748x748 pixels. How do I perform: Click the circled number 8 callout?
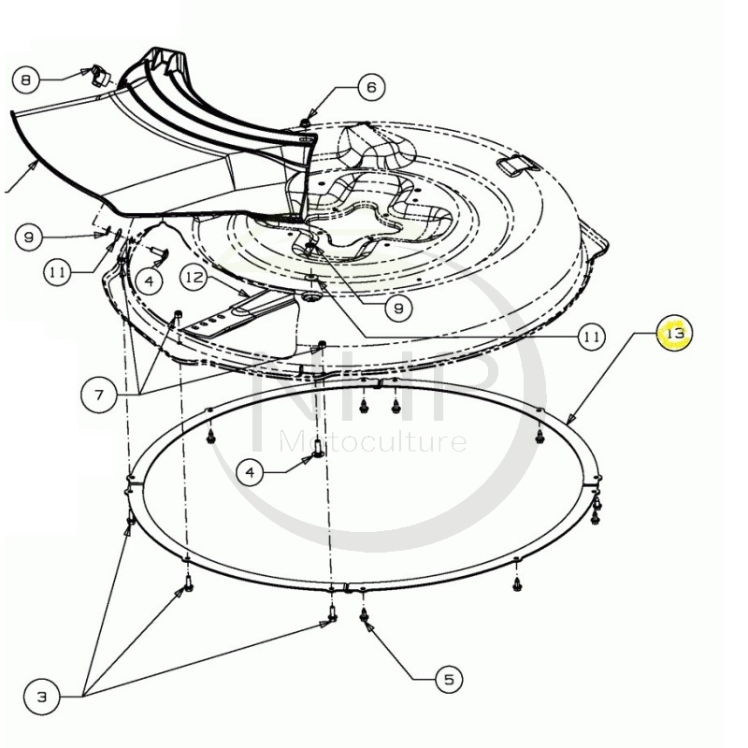(25, 79)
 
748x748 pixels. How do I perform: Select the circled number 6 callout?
(371, 87)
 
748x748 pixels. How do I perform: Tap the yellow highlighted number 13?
(674, 333)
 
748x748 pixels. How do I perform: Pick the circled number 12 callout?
(194, 277)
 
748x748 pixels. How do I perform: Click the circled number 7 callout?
(99, 395)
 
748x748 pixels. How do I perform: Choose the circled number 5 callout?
(449, 679)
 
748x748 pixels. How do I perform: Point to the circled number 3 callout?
(42, 697)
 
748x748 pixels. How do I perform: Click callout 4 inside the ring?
(250, 472)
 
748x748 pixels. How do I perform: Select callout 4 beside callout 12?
(150, 281)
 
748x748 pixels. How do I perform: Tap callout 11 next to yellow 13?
(592, 338)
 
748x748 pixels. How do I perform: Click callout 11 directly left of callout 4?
(57, 272)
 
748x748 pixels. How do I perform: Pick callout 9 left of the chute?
(29, 237)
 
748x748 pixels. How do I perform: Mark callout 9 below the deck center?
(398, 309)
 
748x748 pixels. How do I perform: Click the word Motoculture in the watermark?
(373, 441)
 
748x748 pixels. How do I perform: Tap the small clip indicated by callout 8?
(99, 77)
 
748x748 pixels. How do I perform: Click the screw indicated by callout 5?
(364, 615)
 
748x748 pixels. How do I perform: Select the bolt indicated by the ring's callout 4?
(317, 449)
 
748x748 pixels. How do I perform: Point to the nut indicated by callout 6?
(305, 123)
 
